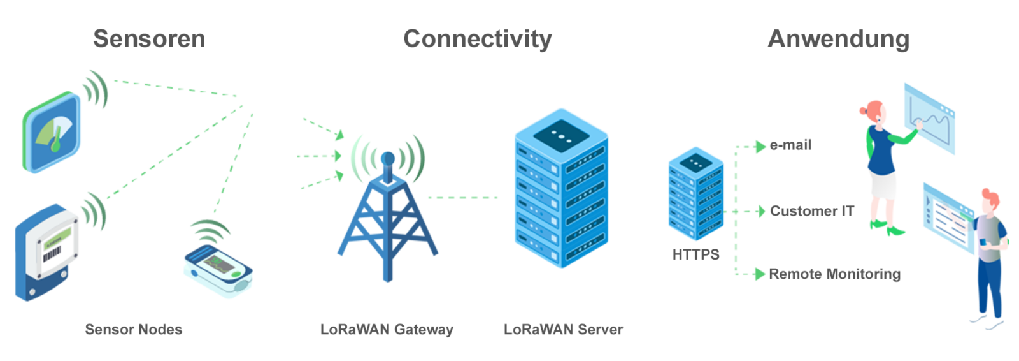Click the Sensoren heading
(x=149, y=39)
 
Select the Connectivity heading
(x=477, y=39)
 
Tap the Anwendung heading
(x=838, y=39)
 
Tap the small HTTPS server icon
(x=695, y=195)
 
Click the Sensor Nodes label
(x=134, y=330)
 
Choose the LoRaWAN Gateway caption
(x=387, y=330)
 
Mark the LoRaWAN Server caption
(x=563, y=330)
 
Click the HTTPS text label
(x=695, y=254)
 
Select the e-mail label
(x=790, y=145)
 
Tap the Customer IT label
(x=811, y=211)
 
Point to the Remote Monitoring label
(x=834, y=274)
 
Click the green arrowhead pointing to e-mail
(x=760, y=147)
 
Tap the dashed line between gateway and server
(x=463, y=198)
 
